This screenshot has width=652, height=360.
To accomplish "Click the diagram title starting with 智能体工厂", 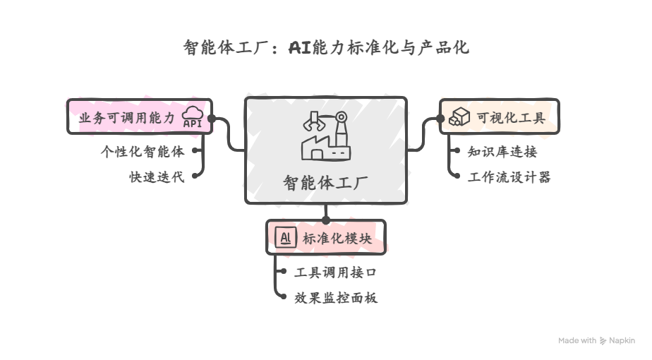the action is [x=325, y=48].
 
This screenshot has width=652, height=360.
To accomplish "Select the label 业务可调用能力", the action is [x=126, y=118].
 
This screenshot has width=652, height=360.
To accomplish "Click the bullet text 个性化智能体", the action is [x=143, y=150].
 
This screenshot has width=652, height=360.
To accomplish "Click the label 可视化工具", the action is [x=510, y=118].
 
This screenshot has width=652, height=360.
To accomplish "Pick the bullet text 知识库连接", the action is [x=502, y=151].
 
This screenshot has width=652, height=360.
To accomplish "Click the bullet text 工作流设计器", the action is [x=509, y=177].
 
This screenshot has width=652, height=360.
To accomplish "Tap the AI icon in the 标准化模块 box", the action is [x=285, y=238].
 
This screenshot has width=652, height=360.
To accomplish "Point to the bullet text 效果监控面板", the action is [x=336, y=298].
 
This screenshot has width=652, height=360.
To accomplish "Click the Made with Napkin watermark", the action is [x=596, y=340].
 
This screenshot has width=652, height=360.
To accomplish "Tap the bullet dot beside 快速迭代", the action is [x=193, y=176].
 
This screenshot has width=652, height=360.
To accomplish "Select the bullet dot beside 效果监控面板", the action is [x=283, y=298].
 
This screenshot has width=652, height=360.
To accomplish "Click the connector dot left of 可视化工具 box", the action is [x=440, y=119].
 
